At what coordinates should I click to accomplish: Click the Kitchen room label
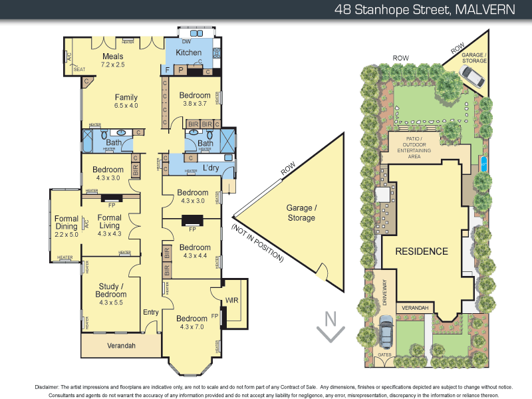pos(188,53)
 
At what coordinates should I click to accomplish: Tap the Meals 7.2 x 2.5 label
pos(112,61)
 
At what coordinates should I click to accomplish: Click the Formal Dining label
pos(66,225)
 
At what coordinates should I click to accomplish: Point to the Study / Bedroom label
pos(110,290)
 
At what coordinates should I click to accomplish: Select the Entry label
pos(152,312)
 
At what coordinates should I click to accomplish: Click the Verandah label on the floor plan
pos(121,346)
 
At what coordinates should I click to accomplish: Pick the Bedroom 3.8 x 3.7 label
pos(195,99)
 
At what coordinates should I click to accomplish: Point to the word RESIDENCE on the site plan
pos(422,251)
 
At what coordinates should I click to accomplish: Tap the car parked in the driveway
pos(385,331)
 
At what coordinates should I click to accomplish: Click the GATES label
pos(385,355)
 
